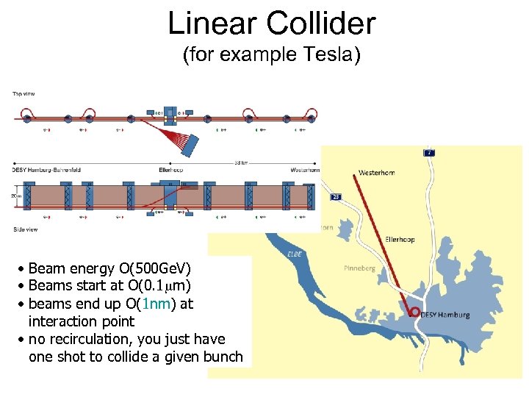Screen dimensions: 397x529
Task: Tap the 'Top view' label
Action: (23, 93)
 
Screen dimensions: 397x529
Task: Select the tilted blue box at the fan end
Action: (195, 144)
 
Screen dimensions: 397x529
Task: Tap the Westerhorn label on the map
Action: (376, 173)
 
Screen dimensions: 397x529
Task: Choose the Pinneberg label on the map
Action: (359, 268)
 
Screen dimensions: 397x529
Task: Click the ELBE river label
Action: (294, 254)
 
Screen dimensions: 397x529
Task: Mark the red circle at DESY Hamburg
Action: (415, 312)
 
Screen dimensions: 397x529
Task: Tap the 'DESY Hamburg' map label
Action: (445, 315)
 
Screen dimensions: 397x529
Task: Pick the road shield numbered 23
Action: (336, 197)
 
